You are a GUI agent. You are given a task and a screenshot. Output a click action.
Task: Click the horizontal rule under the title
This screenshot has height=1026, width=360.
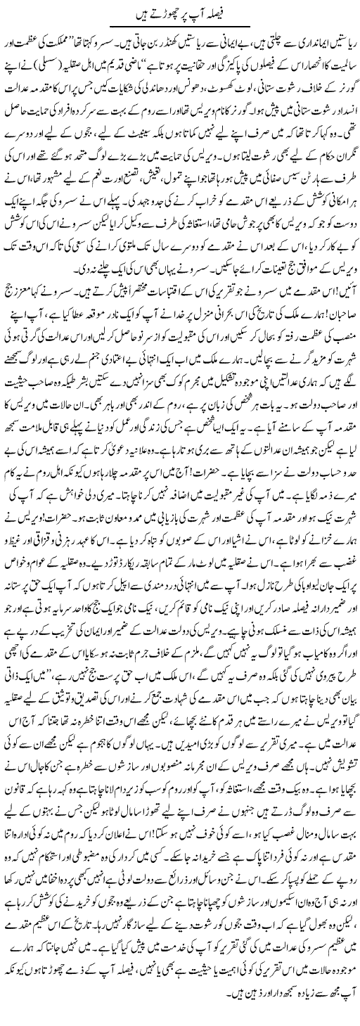click(x=179, y=26)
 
